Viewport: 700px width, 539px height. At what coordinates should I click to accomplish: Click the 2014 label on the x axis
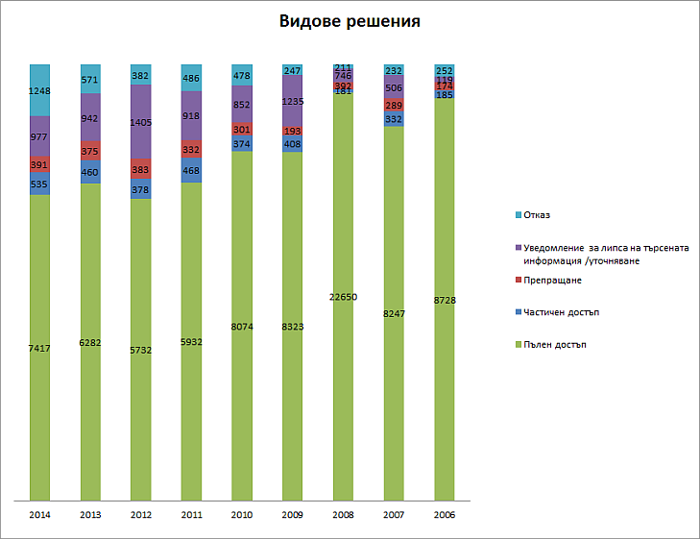[39, 515]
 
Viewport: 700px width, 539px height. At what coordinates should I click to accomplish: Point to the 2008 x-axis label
[343, 515]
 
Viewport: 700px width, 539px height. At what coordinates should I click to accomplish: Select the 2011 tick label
[191, 515]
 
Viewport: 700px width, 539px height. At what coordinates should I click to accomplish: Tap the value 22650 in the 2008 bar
[343, 297]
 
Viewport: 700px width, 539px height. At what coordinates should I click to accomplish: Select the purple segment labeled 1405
[140, 122]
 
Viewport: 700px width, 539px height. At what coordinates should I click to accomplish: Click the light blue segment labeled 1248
[39, 90]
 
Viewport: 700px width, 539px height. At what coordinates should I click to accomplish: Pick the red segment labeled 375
[90, 151]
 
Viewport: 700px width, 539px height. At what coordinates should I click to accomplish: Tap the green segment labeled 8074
[242, 326]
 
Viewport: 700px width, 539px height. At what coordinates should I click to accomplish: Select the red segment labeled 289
[394, 105]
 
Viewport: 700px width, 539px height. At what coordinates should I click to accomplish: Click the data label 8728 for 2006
[444, 301]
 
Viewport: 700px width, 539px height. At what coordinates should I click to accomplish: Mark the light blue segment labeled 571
[90, 80]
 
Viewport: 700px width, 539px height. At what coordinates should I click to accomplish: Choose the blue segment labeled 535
[39, 184]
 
